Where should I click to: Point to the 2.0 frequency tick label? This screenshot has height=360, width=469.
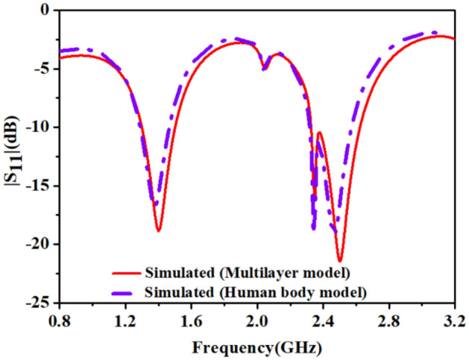[257, 321]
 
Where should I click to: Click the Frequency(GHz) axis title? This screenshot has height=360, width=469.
[255, 347]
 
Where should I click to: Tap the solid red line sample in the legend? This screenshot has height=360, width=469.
[131, 270]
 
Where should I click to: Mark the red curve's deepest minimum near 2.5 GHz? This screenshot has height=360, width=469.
[340, 262]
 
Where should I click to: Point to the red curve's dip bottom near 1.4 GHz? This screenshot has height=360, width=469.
[159, 231]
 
